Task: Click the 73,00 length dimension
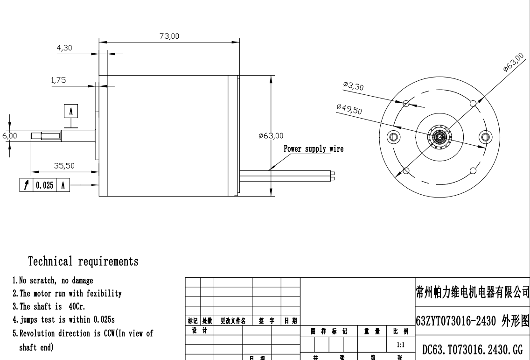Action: click(x=169, y=36)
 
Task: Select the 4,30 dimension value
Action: click(x=64, y=48)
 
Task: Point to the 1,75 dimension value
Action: click(x=58, y=80)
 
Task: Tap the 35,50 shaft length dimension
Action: click(x=64, y=166)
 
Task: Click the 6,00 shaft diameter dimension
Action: click(x=9, y=135)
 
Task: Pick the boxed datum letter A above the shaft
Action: click(x=71, y=111)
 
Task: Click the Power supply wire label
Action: click(x=314, y=149)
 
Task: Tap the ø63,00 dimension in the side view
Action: click(x=271, y=136)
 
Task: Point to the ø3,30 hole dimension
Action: click(x=353, y=86)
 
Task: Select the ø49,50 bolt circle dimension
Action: click(x=349, y=109)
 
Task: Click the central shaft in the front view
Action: click(x=439, y=136)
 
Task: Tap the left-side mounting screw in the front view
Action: click(x=394, y=136)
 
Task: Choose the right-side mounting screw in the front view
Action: click(x=484, y=136)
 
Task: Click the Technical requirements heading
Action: click(x=84, y=261)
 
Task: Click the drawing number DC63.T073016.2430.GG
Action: click(x=472, y=350)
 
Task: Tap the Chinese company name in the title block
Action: click(x=472, y=292)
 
